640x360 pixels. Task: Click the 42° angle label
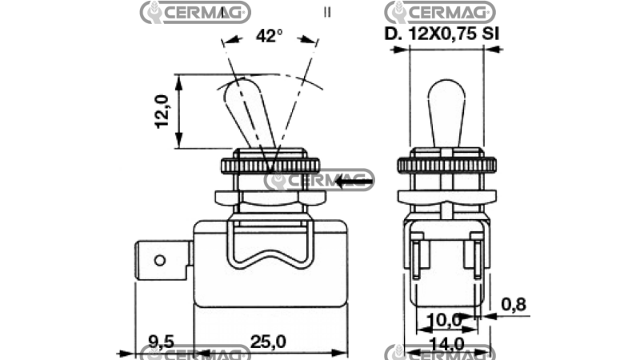click(269, 36)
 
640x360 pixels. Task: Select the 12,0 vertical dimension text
click(162, 111)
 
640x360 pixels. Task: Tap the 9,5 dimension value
click(162, 342)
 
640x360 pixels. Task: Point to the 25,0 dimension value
click(268, 342)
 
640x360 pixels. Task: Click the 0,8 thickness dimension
click(514, 304)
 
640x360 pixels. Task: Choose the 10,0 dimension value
click(445, 320)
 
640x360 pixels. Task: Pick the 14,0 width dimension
click(446, 344)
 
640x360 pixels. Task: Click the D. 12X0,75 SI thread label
click(442, 34)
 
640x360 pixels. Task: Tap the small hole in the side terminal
click(160, 261)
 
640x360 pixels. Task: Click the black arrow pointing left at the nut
click(354, 181)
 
